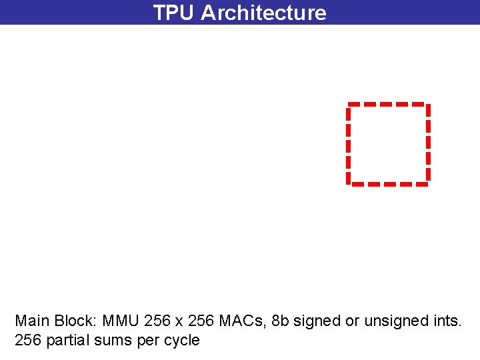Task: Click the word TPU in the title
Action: (173, 13)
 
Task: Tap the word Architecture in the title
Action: (263, 13)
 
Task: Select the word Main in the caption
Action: (31, 321)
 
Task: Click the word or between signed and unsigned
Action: (350, 321)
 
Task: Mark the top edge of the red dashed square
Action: (387, 104)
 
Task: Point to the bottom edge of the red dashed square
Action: (387, 183)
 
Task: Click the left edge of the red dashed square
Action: (348, 143)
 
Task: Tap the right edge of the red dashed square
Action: (427, 143)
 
